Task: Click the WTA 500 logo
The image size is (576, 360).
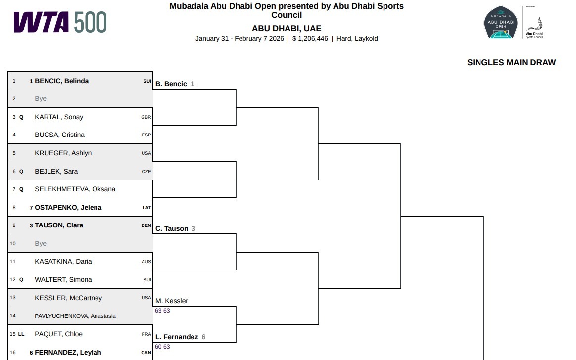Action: pyautogui.click(x=60, y=22)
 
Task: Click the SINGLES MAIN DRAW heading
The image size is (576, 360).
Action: pyautogui.click(x=511, y=63)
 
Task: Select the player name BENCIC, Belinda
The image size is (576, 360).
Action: pyautogui.click(x=61, y=81)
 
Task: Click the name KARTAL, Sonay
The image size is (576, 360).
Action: pyautogui.click(x=59, y=117)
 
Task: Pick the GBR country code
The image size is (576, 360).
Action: pyautogui.click(x=146, y=117)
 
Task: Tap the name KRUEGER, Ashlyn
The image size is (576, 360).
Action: pyautogui.click(x=63, y=153)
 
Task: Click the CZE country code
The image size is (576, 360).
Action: pyautogui.click(x=146, y=172)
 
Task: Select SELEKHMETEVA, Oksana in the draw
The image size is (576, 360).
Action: pyautogui.click(x=75, y=189)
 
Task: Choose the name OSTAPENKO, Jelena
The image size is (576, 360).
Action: pyautogui.click(x=68, y=207)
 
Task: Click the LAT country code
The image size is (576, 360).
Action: pyautogui.click(x=146, y=208)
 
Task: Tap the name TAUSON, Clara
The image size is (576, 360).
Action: pyautogui.click(x=59, y=225)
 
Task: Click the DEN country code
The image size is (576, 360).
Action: pyautogui.click(x=146, y=225)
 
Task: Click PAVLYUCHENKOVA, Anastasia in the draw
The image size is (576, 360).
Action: pyautogui.click(x=75, y=316)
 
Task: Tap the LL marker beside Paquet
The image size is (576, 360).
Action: pyautogui.click(x=21, y=334)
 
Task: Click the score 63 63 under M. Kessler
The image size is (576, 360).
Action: pyautogui.click(x=162, y=311)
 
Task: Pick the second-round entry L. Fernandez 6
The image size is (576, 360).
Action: pyautogui.click(x=180, y=337)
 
